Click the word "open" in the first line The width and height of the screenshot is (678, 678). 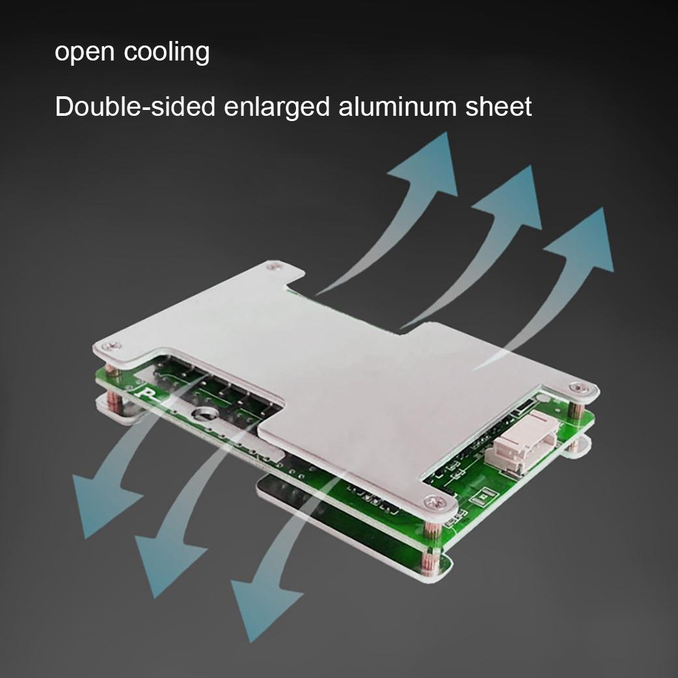pyautogui.click(x=85, y=52)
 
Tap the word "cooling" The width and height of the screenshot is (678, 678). pyautogui.click(x=167, y=52)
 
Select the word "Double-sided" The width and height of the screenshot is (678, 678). pyautogui.click(x=135, y=106)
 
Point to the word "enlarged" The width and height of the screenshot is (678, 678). pyautogui.click(x=277, y=107)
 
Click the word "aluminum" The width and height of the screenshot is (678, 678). pyautogui.click(x=398, y=106)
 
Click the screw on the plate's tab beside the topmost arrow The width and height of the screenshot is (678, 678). pyautogui.click(x=273, y=265)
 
